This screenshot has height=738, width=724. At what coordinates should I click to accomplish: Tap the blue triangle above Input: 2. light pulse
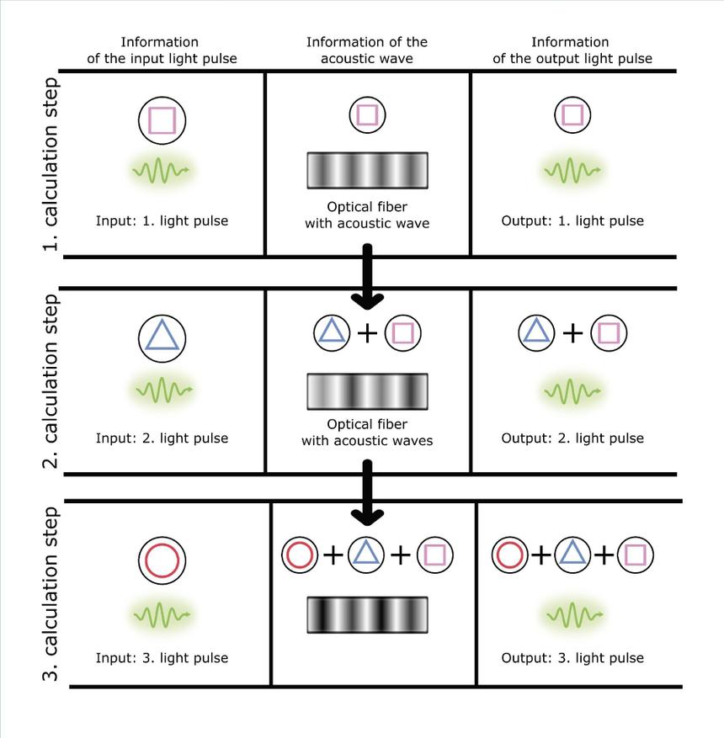(162, 336)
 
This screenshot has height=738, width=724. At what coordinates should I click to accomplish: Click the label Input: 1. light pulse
(162, 221)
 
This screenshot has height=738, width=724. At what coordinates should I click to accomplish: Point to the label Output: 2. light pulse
(572, 438)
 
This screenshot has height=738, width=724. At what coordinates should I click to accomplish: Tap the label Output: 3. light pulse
(572, 658)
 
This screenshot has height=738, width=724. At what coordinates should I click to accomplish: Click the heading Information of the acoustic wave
(367, 50)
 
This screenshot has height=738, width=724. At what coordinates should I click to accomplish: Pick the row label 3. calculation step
(51, 594)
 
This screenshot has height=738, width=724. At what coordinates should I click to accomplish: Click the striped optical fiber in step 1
(367, 170)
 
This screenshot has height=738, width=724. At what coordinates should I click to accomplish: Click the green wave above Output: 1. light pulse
(572, 171)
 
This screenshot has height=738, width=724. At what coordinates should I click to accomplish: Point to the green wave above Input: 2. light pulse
(162, 389)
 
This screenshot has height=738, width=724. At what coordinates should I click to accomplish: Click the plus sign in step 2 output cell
(572, 333)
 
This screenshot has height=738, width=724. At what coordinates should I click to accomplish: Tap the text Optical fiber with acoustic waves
(367, 432)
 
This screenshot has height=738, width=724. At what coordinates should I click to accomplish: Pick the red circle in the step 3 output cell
(510, 555)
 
